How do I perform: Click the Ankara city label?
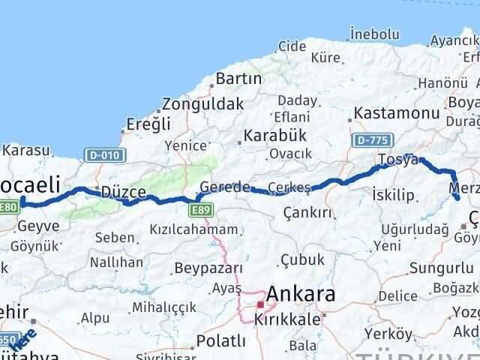click(x=300, y=293)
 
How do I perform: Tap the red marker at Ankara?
click(x=260, y=304)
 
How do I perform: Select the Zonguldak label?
click(x=202, y=103)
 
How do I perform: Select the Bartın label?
click(x=238, y=78)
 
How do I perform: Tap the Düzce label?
click(x=122, y=192)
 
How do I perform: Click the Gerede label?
click(x=224, y=187)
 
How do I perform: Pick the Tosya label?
click(x=398, y=159)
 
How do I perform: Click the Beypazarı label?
click(x=208, y=268)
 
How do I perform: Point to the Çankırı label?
click(x=307, y=213)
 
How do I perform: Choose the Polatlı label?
click(x=220, y=341)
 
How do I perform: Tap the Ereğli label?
click(x=148, y=124)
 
